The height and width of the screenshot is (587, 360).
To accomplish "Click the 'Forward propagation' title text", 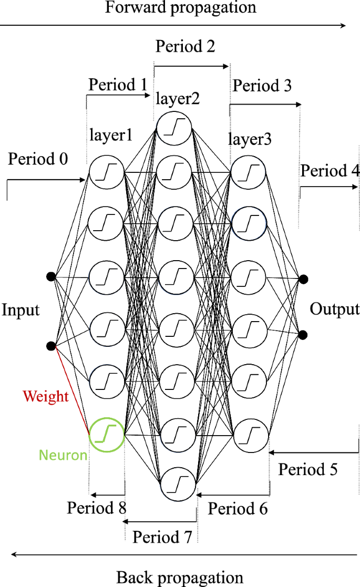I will [x=181, y=8].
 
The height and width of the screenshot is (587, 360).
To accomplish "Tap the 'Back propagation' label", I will [x=180, y=578].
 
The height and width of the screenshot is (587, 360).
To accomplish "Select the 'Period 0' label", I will [x=38, y=159].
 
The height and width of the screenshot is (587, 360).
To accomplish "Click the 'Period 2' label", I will [x=185, y=46].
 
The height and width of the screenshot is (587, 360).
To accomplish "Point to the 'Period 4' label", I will [x=330, y=171].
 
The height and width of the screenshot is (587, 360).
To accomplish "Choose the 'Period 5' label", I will [x=308, y=469].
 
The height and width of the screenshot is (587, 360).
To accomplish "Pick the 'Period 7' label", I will [x=162, y=537].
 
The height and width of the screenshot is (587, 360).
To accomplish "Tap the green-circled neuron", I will [x=107, y=434].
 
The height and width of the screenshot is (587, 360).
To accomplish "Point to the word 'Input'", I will [x=20, y=310].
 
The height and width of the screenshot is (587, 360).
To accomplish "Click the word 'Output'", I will [x=335, y=309].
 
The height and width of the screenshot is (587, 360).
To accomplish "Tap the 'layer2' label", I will [x=177, y=99].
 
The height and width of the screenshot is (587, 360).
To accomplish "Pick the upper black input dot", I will [x=51, y=276].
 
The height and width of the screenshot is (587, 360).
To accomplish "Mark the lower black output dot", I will [x=303, y=335].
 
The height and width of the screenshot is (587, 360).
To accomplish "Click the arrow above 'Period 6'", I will [x=233, y=495].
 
